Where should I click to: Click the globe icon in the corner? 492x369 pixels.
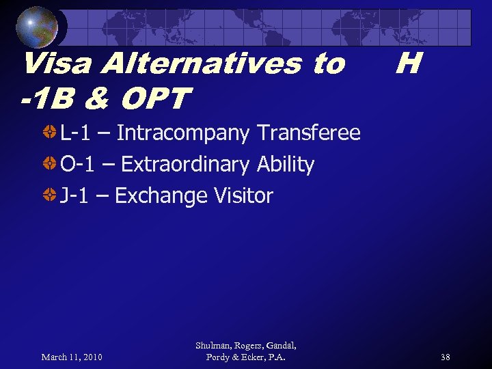[37, 27]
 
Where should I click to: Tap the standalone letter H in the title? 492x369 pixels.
[407, 64]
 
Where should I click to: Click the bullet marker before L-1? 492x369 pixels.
[50, 133]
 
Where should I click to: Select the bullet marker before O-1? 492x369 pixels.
[50, 164]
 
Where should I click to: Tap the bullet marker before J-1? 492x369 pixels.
[50, 195]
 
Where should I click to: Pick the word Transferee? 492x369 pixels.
[308, 133]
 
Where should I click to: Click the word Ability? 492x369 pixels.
[286, 165]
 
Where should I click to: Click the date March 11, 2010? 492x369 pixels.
[72, 357]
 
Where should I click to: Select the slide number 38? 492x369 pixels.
[445, 357]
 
